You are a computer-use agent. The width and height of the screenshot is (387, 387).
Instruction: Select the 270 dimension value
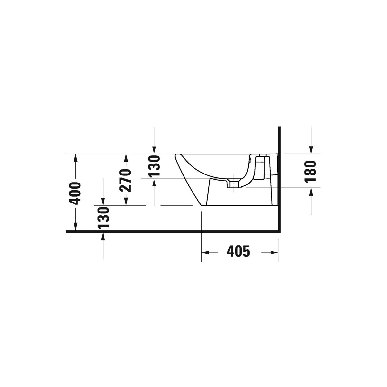point(125,180)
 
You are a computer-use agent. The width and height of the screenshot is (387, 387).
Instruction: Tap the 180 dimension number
point(310,172)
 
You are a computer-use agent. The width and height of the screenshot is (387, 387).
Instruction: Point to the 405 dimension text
point(238,251)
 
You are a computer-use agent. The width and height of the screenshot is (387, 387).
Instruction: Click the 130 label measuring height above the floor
point(103,218)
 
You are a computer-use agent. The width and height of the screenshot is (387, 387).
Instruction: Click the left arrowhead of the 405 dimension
point(205,253)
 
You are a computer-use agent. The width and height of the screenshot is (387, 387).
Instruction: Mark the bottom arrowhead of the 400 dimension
point(75,226)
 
